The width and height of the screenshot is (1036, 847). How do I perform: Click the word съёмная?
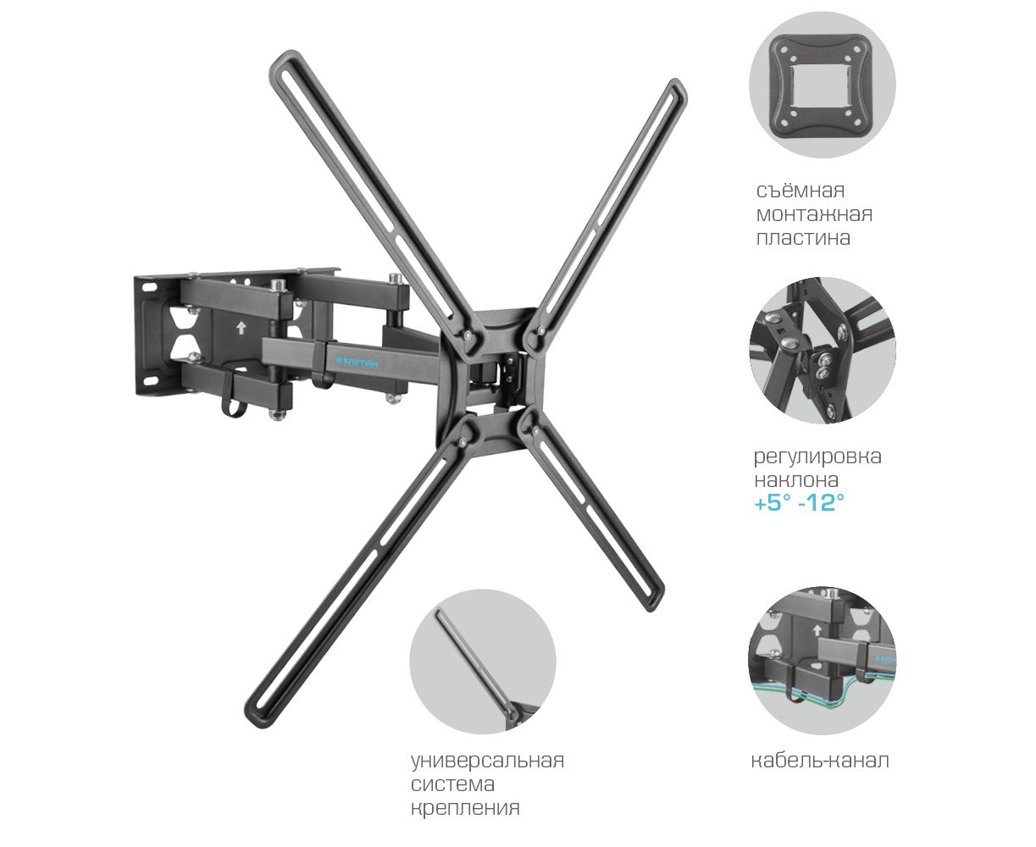coord(800,190)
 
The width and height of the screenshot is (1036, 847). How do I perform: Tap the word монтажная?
coord(814,214)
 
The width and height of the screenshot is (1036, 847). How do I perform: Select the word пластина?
coord(803,238)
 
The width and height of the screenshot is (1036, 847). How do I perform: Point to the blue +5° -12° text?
coord(799,502)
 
